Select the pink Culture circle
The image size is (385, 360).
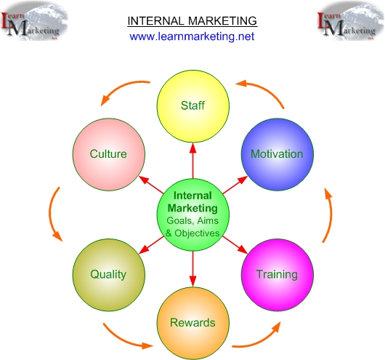pyautogui.click(x=108, y=153)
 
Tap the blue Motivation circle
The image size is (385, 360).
pyautogui.click(x=276, y=153)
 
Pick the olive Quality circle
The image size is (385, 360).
pyautogui.click(x=108, y=274)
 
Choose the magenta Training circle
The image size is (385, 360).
pyautogui.click(x=276, y=274)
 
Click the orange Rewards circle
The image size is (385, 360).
pyautogui.click(x=192, y=321)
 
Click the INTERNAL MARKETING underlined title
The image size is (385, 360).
pyautogui.click(x=192, y=21)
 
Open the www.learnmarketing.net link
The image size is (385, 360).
pyautogui.click(x=192, y=36)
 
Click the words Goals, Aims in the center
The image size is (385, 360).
pyautogui.click(x=192, y=220)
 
